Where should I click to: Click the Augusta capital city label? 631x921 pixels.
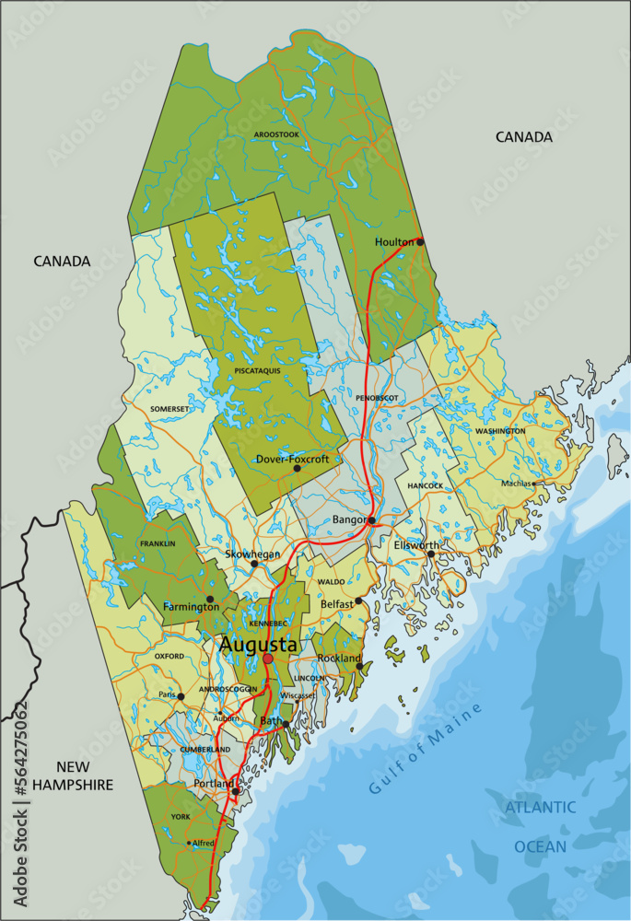258,647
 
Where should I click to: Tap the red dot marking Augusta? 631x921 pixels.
268,659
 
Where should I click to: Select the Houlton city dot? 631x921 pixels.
420,241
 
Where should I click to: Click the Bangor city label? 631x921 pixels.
349,520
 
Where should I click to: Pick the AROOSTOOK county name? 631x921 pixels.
276,134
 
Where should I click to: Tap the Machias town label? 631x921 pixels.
516,483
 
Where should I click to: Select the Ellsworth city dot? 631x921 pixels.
430,554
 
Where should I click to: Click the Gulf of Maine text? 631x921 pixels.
426,748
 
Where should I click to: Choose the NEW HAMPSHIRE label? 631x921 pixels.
72,775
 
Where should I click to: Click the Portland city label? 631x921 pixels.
214,784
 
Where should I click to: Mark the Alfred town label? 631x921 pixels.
203,843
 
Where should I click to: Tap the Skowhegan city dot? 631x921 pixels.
254,564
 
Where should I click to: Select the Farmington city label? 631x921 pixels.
191,607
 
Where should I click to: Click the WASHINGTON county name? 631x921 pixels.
500,431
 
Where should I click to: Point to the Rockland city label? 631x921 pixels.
338,659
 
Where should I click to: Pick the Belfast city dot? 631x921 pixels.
359,601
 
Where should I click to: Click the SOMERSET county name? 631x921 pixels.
169,408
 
